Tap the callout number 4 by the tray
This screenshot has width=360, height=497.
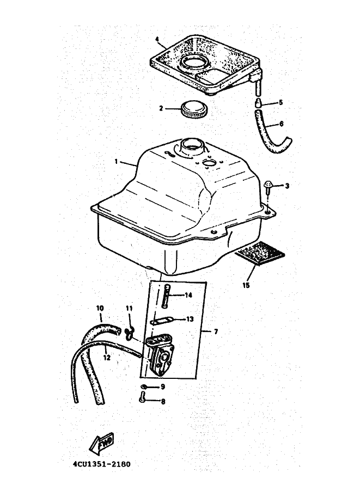coord(157,39)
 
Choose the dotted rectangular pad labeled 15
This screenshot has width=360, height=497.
coord(259,253)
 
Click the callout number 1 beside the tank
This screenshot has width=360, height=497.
coord(117,162)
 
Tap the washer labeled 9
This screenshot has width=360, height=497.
coord(144,386)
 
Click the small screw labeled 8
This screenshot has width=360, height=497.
coord(142,396)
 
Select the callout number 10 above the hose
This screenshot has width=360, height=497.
coord(100,308)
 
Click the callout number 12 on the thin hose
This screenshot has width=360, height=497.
coord(107,358)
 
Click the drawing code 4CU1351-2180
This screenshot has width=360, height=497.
coord(101,464)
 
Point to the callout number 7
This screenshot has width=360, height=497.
coord(216,332)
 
